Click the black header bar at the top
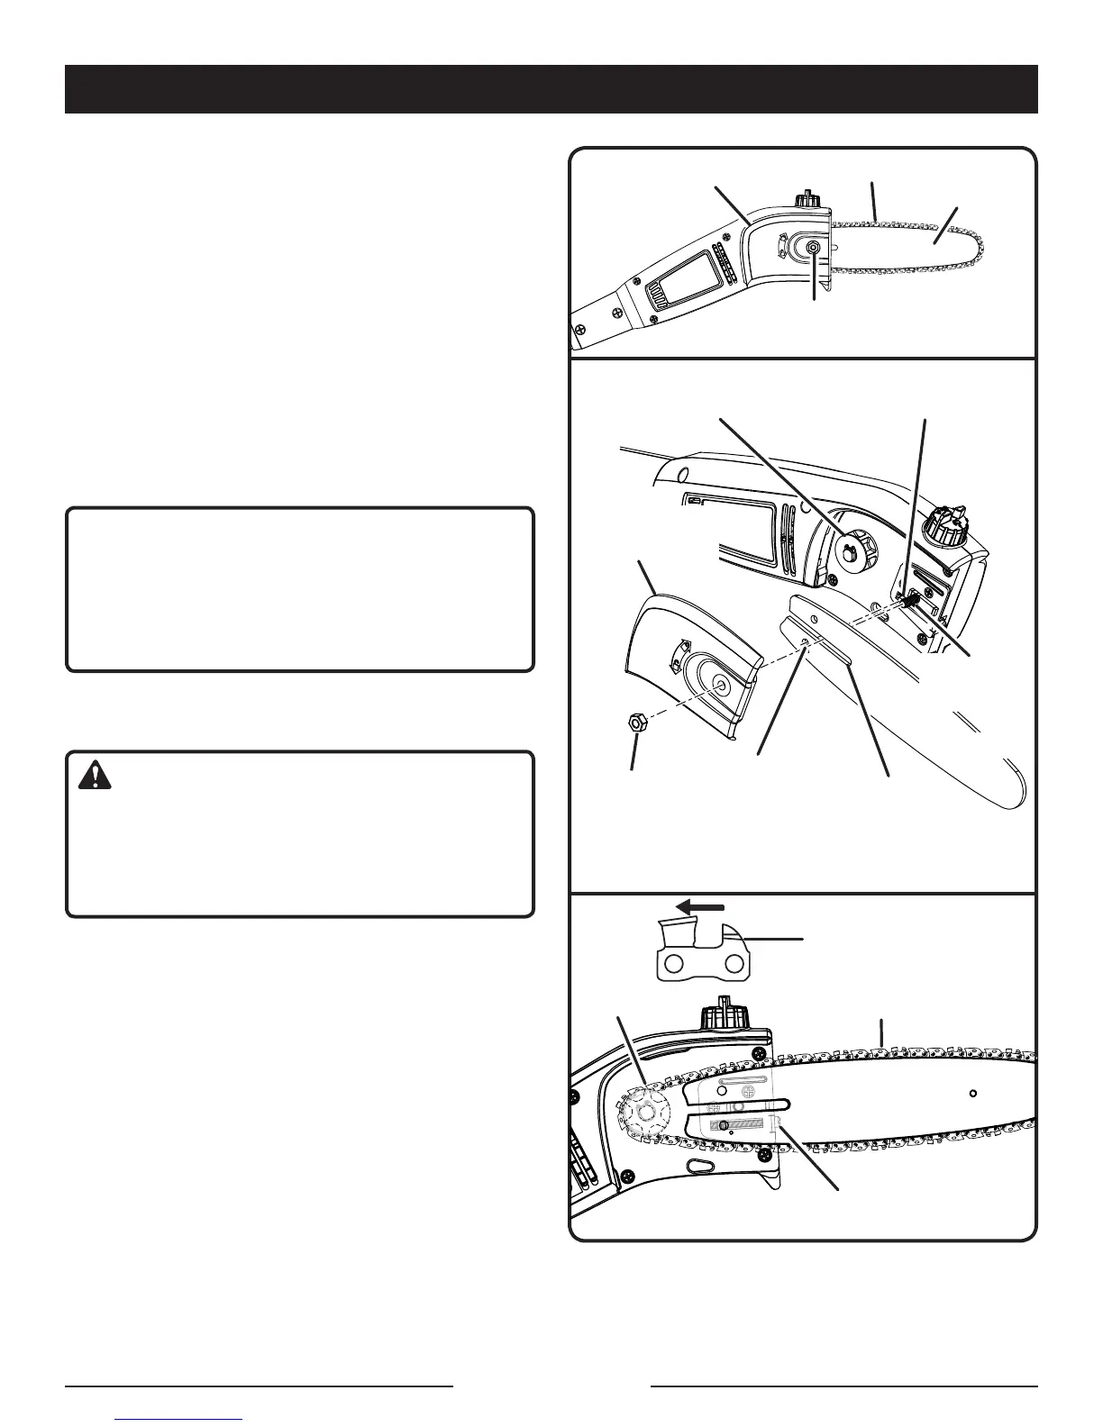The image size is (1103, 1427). (x=551, y=88)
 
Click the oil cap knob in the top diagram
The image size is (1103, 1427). (x=806, y=198)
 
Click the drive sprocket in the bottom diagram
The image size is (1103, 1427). (x=644, y=1110)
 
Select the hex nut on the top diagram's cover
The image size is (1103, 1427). (x=812, y=249)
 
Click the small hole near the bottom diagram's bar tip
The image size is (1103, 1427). (x=973, y=1094)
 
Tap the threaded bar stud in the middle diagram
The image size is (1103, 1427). (x=911, y=595)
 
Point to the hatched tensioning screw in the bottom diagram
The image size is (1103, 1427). (x=744, y=1125)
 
